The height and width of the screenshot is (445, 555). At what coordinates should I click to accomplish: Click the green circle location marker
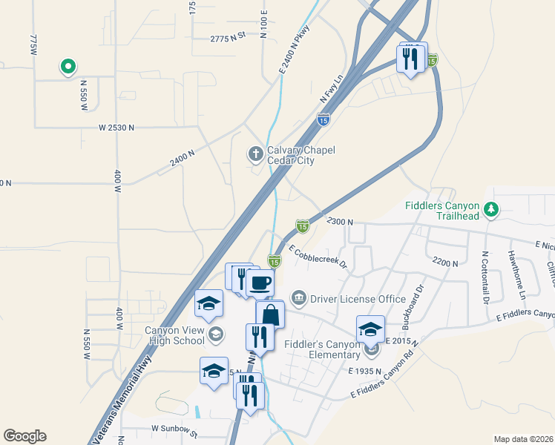tap(68, 67)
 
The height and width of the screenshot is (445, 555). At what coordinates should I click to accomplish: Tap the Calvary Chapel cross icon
tap(255, 154)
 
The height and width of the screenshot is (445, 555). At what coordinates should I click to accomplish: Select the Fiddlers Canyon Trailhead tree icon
tap(490, 210)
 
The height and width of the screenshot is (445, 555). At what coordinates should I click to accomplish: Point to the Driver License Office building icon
tap(298, 299)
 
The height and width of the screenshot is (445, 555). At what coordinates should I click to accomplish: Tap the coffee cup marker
tap(260, 282)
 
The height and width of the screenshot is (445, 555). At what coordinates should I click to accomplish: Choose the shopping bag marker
tap(270, 314)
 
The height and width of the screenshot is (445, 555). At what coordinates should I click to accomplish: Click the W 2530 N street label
tap(116, 128)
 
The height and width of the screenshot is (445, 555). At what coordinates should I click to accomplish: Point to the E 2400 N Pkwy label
tap(294, 49)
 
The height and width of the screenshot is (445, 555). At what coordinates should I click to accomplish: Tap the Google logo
tap(24, 436)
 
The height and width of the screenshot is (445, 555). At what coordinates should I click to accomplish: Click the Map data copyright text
tap(523, 439)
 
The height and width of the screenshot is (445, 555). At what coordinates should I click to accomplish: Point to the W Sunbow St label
tap(174, 429)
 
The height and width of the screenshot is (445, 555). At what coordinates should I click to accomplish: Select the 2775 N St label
tap(227, 38)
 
